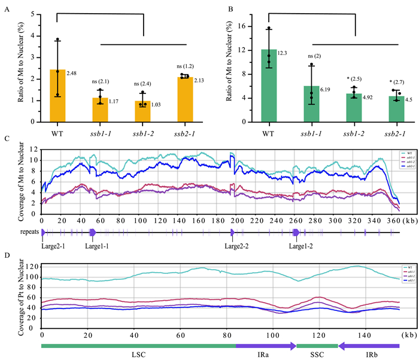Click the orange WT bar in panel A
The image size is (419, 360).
coord(57,96)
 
